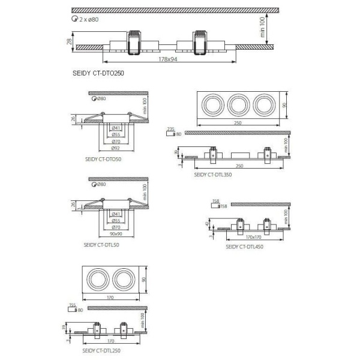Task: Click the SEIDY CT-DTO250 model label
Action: [98, 72]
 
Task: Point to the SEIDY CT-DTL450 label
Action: [244, 246]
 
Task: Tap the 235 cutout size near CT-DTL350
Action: [170, 129]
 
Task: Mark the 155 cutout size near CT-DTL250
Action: [73, 305]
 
